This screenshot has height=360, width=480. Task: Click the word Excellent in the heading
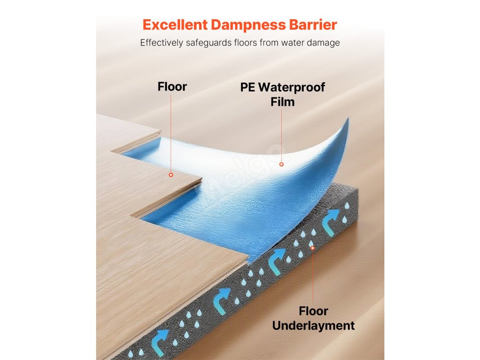point(174,24)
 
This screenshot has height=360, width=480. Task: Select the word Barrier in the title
point(314,24)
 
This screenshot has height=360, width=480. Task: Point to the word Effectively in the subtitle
point(163,43)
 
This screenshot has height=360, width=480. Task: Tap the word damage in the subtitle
point(324,43)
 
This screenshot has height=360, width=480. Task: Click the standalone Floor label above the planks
point(172,87)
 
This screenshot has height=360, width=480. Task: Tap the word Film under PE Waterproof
point(282,102)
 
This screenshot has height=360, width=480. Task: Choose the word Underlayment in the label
point(313,325)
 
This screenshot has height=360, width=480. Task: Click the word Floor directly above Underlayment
point(313,311)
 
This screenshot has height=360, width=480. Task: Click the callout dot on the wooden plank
point(171,174)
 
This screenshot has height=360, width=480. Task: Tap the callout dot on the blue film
point(281,164)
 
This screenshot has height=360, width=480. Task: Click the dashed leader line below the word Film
point(281,136)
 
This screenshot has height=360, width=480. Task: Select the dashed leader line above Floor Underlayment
point(313,277)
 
